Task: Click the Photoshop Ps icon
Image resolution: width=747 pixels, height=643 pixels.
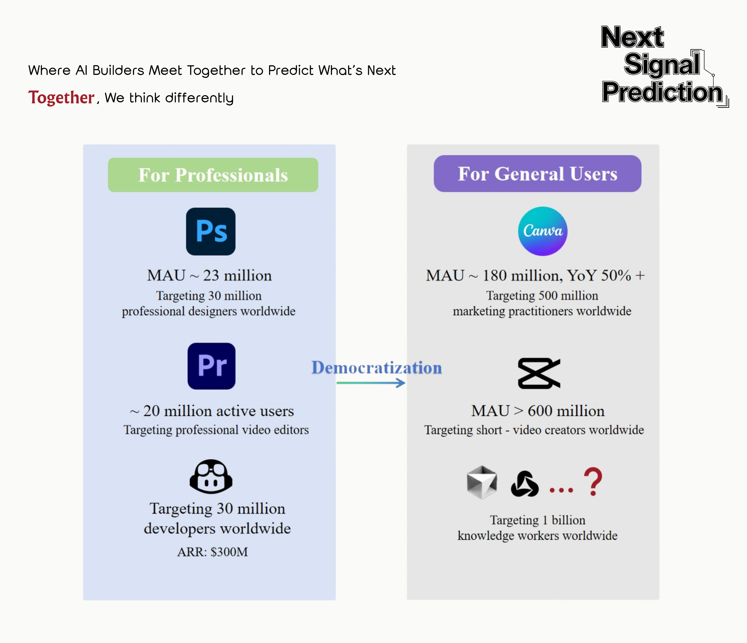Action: (x=211, y=231)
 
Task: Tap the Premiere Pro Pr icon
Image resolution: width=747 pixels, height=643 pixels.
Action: (x=211, y=366)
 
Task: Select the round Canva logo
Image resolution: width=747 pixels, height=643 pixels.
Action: (x=543, y=231)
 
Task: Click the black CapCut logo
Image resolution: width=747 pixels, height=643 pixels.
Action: (x=539, y=373)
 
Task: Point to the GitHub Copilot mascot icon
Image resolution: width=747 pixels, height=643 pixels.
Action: (x=211, y=476)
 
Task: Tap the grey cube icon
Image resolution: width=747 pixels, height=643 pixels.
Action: (x=482, y=482)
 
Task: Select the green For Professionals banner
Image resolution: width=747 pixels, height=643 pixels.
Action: (x=213, y=175)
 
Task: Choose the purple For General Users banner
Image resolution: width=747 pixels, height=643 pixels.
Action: (x=537, y=174)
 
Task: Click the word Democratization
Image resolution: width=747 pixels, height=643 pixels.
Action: (x=376, y=368)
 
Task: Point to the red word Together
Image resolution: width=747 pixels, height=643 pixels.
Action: (x=61, y=98)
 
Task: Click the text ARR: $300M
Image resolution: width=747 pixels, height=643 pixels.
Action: (x=212, y=552)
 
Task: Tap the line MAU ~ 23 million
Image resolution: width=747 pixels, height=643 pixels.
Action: (x=209, y=275)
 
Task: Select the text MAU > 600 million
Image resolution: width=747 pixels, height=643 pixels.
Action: (x=538, y=411)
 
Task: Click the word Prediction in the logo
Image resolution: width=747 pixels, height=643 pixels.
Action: (x=663, y=92)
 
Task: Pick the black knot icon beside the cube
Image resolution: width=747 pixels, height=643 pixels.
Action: (x=525, y=484)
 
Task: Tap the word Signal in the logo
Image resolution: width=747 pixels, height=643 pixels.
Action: (x=662, y=64)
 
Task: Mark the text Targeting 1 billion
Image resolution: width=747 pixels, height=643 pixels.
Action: (x=537, y=520)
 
